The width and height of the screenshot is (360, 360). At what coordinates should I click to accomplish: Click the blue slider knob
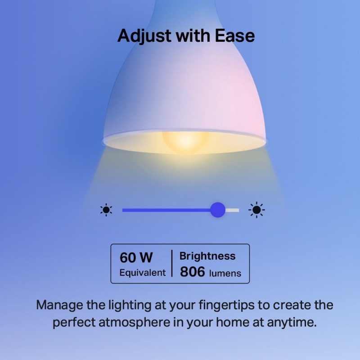218,210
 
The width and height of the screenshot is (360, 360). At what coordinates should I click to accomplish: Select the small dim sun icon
106,210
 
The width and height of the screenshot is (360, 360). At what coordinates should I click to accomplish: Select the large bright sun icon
256,210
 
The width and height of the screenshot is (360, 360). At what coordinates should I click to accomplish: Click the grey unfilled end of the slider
233,210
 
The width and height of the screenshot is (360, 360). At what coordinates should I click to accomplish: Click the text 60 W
136,257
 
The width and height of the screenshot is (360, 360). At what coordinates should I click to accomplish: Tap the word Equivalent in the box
142,273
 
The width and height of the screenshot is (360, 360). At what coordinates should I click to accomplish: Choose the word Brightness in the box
207,256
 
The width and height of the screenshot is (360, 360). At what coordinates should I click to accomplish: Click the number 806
193,272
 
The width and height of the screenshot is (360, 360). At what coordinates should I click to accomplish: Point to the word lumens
225,273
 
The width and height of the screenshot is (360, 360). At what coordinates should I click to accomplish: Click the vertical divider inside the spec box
172,263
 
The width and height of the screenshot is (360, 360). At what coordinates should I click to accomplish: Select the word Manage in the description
59,305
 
